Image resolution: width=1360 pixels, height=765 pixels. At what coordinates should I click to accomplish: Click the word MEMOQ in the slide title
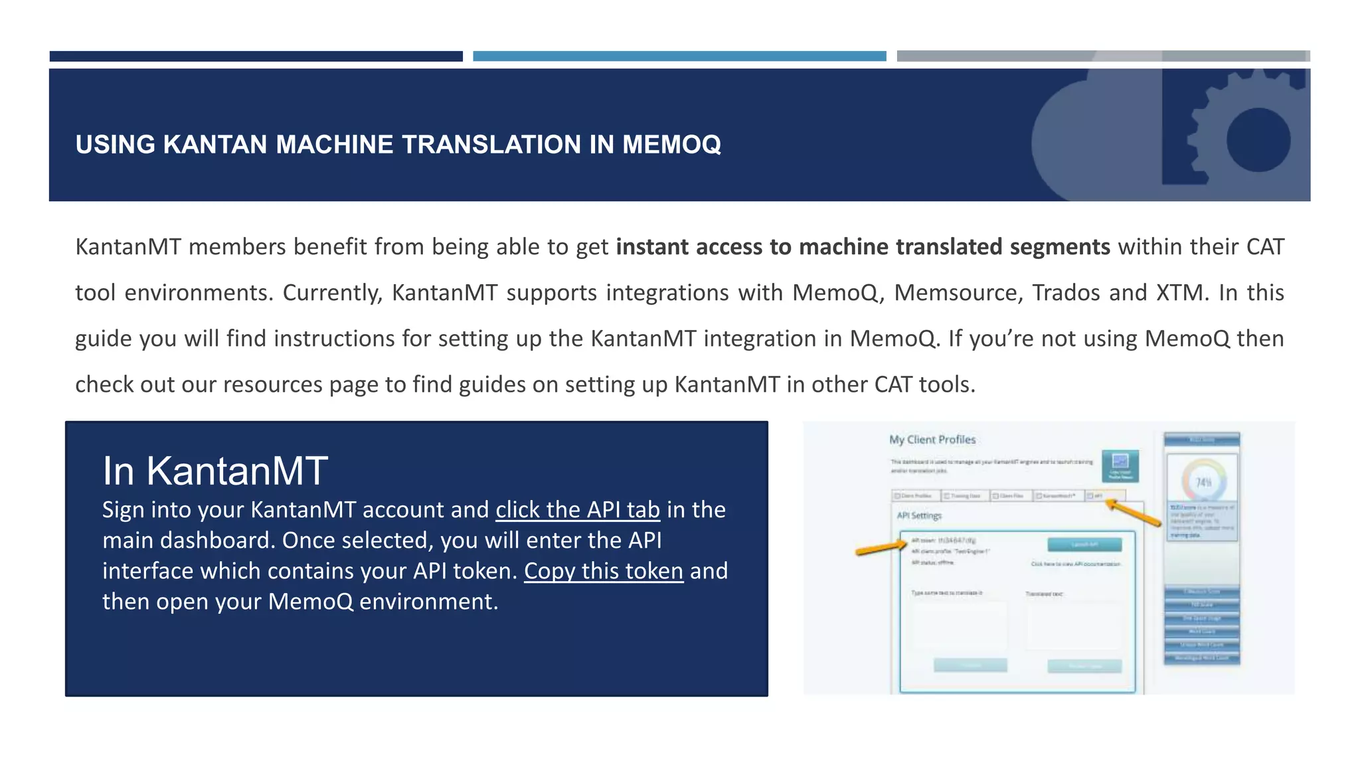click(671, 145)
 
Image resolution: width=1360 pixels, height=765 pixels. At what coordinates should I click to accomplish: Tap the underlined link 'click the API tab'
click(578, 510)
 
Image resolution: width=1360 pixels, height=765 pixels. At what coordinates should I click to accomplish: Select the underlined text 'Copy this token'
click(603, 571)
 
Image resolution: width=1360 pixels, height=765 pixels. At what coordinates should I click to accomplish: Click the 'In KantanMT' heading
click(214, 471)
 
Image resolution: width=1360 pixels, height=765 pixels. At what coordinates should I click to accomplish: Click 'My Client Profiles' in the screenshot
click(932, 440)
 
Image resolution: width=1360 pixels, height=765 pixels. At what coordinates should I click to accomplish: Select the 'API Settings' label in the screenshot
click(919, 515)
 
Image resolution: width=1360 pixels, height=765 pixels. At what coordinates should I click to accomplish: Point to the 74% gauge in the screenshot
click(1203, 482)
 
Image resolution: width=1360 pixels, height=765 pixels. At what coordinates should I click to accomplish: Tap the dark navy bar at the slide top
click(256, 56)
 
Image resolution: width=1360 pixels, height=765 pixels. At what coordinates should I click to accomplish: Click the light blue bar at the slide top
click(679, 56)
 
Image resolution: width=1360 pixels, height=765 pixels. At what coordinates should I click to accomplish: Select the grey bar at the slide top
click(1102, 56)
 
